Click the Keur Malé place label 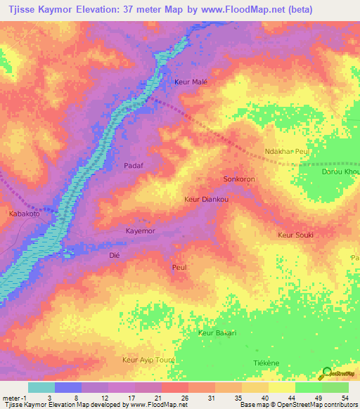(191, 82)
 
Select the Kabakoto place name (25, 214)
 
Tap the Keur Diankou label (207, 200)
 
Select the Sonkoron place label (238, 179)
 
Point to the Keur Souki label (295, 235)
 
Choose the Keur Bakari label (217, 332)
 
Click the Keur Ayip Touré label (148, 359)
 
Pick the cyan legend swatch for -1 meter (41, 387)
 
